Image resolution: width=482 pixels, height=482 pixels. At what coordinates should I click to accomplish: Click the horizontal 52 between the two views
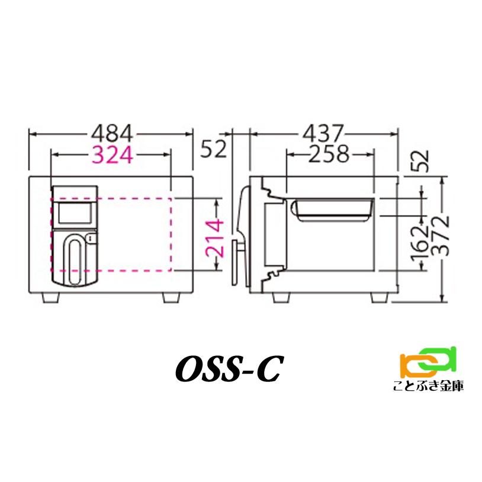coord(213,149)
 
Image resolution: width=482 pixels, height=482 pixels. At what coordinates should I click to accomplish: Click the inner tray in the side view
coord(332,209)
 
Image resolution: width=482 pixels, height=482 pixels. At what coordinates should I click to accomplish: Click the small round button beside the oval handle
coord(89,239)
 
